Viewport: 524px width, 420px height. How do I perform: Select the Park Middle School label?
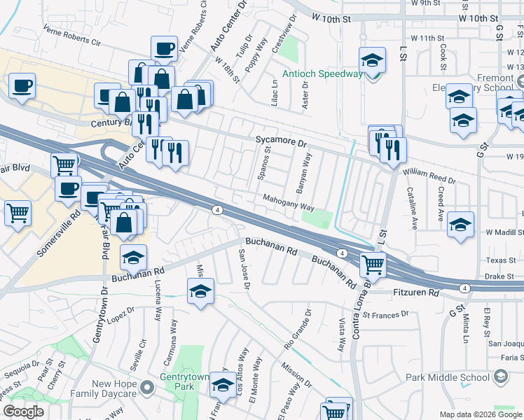click(x=448, y=377)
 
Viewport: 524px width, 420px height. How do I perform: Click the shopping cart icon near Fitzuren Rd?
click(x=373, y=265)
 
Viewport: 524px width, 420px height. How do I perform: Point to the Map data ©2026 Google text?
click(x=480, y=414)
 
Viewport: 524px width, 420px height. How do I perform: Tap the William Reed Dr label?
click(x=429, y=176)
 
